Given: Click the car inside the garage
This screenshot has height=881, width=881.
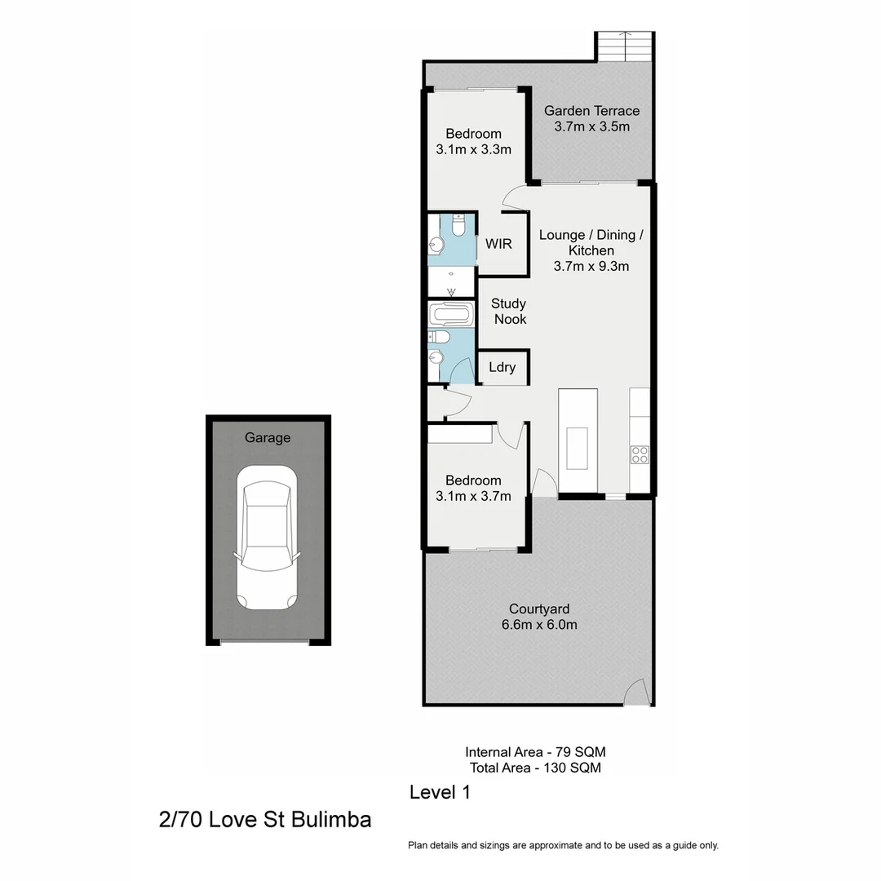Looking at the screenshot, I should point(267,543).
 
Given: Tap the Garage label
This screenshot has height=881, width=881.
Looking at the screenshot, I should point(268,438).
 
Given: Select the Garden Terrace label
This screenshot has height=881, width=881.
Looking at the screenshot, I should point(591,111).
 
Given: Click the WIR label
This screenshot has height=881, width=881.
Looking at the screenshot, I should point(498,243).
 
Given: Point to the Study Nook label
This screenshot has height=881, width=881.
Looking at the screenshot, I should point(509,312).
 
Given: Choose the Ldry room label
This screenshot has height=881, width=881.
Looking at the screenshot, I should point(502,367).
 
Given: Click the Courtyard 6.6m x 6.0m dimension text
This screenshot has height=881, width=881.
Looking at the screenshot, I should point(539,625).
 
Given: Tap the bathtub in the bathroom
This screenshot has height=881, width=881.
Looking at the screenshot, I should point(451,314).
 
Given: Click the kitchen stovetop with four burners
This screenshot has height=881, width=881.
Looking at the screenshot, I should point(640,454).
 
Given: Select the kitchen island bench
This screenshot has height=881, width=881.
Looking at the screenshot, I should point(578,440).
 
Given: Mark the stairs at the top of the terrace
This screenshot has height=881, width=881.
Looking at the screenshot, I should point(626,46).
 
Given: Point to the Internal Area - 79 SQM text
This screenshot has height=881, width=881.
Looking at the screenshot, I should point(535,752).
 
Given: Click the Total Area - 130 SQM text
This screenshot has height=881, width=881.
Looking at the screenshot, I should point(535,768).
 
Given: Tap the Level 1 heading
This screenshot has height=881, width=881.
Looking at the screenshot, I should point(440,792).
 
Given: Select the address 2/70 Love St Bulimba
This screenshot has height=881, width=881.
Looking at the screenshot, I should point(265,819).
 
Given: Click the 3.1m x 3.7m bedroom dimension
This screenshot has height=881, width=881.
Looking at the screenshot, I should point(473,496).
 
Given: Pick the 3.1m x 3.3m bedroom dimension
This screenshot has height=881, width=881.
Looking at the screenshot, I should point(473,149).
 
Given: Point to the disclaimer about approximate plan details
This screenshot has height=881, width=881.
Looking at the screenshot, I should point(563,846).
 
